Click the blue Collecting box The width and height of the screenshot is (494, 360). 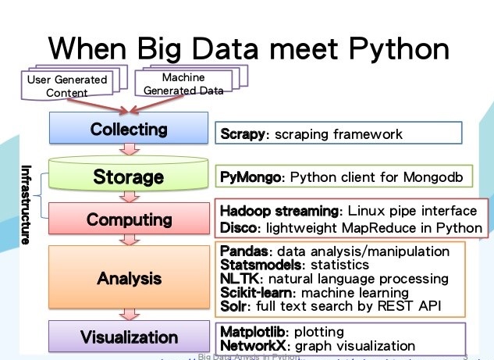coord(129,130)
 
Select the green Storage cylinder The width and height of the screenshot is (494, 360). coord(129,175)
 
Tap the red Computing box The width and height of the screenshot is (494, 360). coord(129,219)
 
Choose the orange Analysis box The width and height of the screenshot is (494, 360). coord(129,278)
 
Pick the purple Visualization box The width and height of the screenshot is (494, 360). coord(129,337)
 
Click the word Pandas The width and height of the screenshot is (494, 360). coord(243,251)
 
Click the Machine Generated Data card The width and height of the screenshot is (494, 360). coord(183,84)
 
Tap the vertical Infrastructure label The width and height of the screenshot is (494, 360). coord(25,205)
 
